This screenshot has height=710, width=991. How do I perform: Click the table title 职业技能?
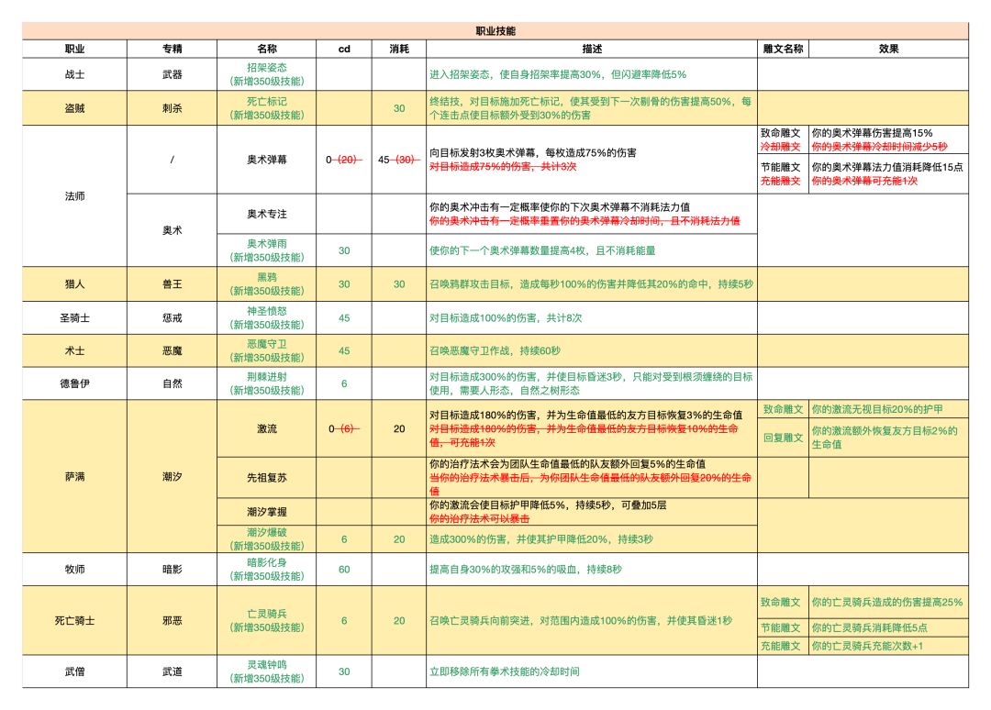point(495,31)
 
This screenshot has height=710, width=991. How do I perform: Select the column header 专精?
point(172,48)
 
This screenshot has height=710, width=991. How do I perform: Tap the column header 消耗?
point(399,48)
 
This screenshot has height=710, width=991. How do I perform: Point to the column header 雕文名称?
point(783,48)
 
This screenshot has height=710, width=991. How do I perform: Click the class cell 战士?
point(74,74)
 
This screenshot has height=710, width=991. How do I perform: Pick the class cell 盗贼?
point(74,108)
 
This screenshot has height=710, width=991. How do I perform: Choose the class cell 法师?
point(74,196)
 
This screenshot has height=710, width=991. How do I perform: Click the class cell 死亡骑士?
point(74,621)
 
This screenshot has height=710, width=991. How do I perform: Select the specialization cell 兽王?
point(172,284)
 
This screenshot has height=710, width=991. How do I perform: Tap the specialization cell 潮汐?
point(172,477)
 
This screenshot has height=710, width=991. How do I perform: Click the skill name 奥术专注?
point(266,214)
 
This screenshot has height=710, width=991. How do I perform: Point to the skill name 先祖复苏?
point(266,477)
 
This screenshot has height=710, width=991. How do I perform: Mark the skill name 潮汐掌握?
point(266,511)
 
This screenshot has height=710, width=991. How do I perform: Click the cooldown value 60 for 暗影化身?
point(344,570)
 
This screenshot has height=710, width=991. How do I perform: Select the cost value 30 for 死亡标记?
point(399,108)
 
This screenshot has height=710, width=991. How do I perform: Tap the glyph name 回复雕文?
point(783,438)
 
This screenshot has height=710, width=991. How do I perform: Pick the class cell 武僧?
point(74,671)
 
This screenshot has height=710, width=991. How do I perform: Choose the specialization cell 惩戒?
point(172,317)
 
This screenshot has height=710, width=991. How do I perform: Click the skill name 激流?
point(266,428)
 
